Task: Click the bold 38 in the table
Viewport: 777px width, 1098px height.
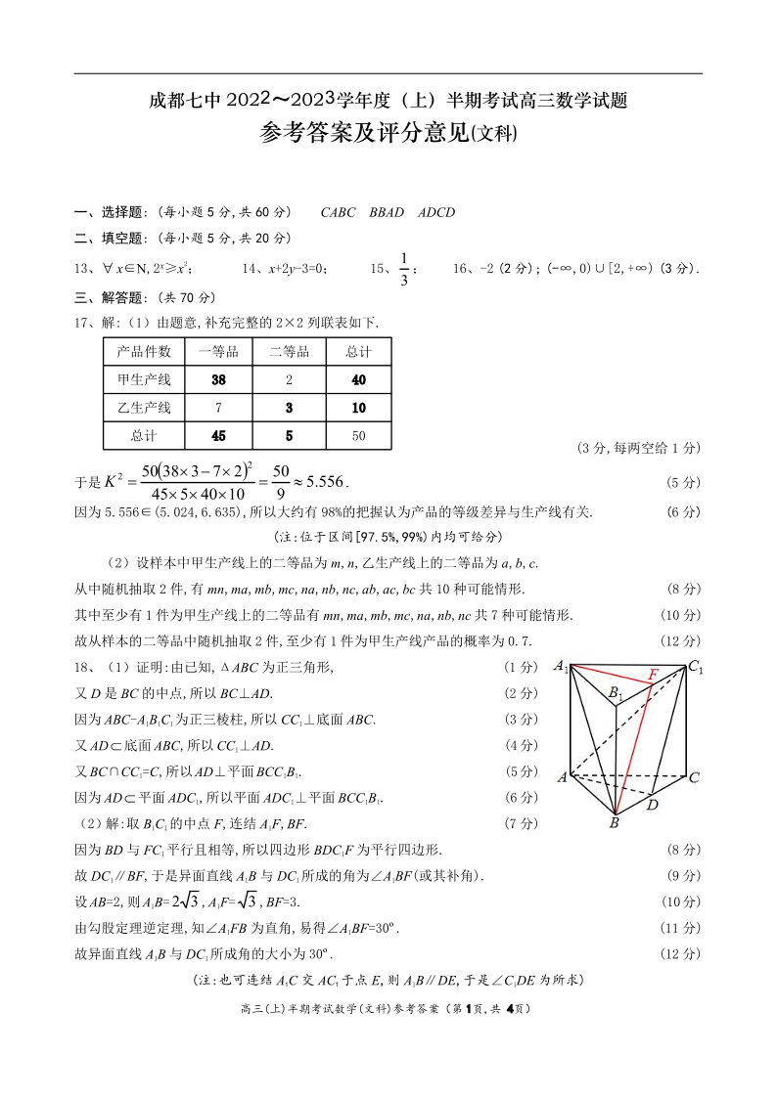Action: (x=219, y=380)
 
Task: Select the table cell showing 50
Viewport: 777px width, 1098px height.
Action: (x=358, y=435)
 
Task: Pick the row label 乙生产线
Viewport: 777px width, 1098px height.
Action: (x=144, y=408)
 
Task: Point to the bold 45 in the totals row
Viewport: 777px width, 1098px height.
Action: (x=219, y=435)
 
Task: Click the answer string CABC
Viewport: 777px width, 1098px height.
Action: (x=339, y=212)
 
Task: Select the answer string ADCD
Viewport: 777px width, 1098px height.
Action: (x=436, y=212)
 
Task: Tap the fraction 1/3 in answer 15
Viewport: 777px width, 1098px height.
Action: (x=403, y=269)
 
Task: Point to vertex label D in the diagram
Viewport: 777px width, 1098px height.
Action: (x=653, y=805)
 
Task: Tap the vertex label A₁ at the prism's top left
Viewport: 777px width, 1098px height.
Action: (x=561, y=667)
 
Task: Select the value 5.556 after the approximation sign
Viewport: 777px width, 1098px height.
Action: (x=326, y=482)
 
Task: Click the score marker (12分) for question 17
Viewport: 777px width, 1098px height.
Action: (x=681, y=640)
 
